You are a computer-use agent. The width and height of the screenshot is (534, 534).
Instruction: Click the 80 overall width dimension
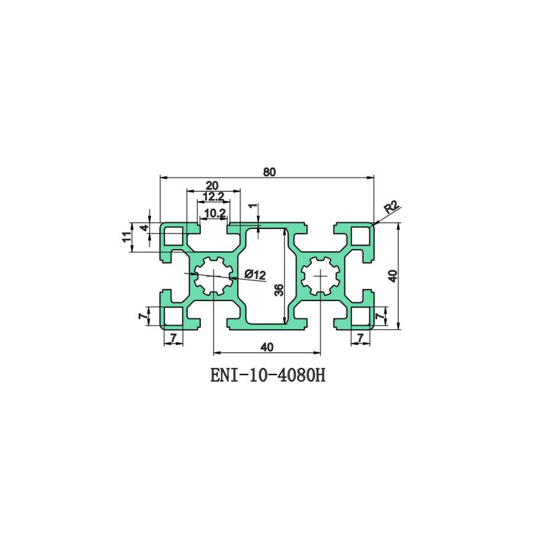coord(269,172)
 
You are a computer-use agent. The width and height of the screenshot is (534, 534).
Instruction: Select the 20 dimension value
coord(212,186)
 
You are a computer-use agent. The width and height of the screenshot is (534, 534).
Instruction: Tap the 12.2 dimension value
coord(213,196)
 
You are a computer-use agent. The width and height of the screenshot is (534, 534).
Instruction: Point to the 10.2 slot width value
coord(215,214)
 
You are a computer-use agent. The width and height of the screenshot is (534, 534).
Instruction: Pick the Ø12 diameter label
coord(255,274)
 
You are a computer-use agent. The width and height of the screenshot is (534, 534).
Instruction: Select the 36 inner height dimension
coord(279,290)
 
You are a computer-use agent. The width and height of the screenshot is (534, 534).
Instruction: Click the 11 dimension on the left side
coord(126,237)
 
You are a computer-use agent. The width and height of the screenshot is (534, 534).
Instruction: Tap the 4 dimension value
coord(146,228)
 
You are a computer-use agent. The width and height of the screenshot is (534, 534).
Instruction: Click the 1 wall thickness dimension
coord(252,206)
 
